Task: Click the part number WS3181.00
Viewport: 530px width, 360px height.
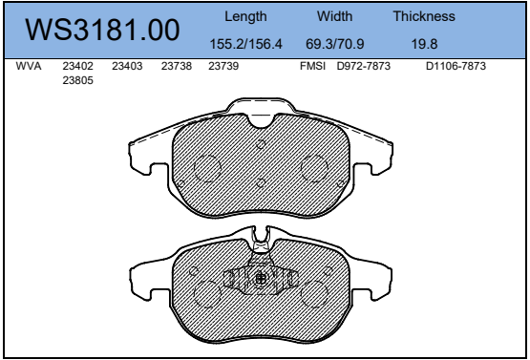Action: (x=102, y=30)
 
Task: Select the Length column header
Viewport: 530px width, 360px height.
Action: (x=245, y=16)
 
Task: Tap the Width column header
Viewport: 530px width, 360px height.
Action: (x=334, y=16)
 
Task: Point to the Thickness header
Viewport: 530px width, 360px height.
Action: (x=424, y=16)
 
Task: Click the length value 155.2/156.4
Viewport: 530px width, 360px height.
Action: (x=245, y=44)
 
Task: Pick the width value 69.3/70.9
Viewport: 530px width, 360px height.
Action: (x=334, y=44)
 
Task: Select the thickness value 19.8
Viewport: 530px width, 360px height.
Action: (x=424, y=44)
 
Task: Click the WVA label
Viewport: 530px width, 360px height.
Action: (x=29, y=66)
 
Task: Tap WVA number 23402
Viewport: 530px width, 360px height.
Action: (x=77, y=66)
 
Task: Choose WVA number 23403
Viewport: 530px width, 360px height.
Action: (x=127, y=66)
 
